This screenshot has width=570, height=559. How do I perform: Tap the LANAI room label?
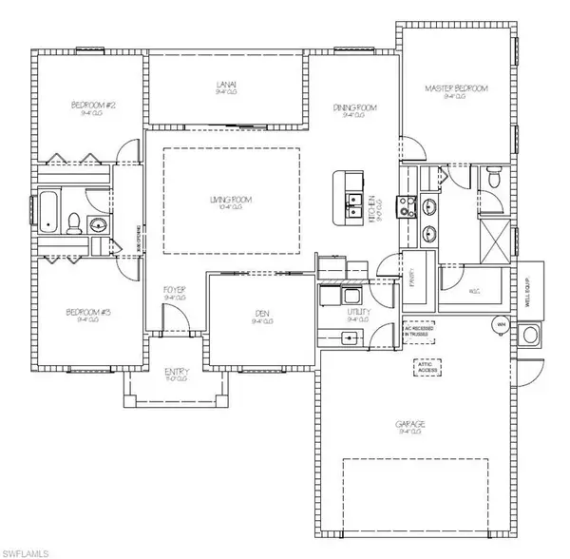coord(225,87)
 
